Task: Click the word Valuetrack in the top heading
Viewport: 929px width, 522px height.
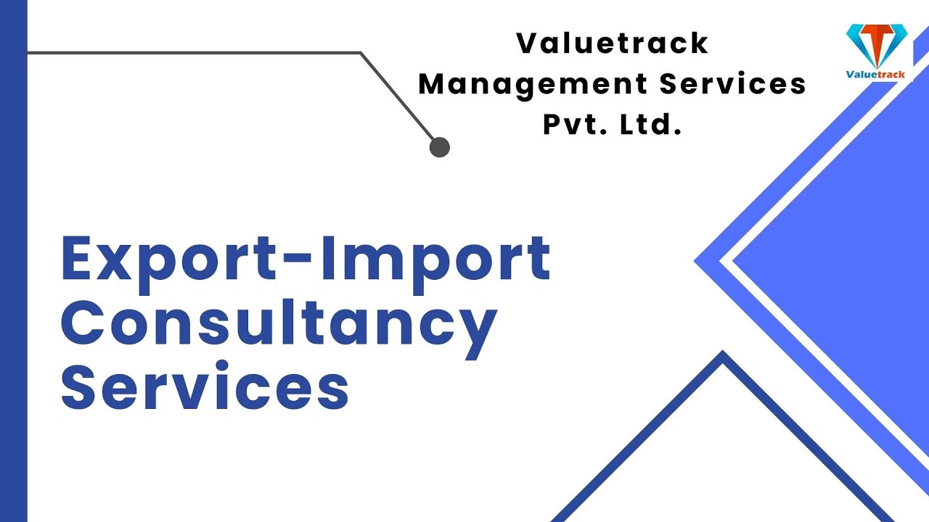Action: pyautogui.click(x=612, y=43)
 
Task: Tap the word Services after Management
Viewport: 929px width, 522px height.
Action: pyautogui.click(x=733, y=85)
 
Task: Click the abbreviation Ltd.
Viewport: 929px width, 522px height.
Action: pyautogui.click(x=651, y=125)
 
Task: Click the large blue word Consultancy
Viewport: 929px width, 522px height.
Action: pyautogui.click(x=279, y=324)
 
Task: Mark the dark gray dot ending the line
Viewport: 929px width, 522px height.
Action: pyautogui.click(x=440, y=147)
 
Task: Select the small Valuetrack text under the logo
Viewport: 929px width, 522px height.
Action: pyautogui.click(x=876, y=74)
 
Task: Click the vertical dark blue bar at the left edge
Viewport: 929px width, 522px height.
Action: pyautogui.click(x=13, y=261)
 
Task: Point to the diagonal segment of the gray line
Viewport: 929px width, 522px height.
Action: pyautogui.click(x=399, y=98)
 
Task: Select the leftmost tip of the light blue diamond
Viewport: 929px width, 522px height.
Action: pyautogui.click(x=697, y=261)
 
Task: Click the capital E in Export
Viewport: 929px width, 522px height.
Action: pyautogui.click(x=79, y=260)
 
